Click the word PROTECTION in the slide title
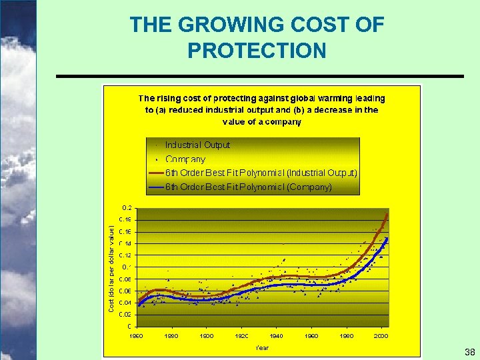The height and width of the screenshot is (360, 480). click(x=257, y=51)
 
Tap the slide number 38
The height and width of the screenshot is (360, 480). click(x=469, y=352)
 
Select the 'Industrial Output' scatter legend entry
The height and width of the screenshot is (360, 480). click(x=197, y=145)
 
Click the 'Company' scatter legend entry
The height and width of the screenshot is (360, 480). click(x=185, y=159)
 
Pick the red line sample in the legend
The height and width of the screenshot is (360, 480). click(x=157, y=173)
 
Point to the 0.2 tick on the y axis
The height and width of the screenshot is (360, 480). click(x=126, y=207)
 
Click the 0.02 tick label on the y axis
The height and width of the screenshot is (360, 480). click(x=125, y=314)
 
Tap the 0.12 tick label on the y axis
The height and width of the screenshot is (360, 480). click(x=125, y=255)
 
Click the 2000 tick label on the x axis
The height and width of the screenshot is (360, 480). click(x=381, y=336)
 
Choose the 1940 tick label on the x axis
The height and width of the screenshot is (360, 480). click(x=276, y=336)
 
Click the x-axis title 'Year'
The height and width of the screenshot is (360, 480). click(x=262, y=347)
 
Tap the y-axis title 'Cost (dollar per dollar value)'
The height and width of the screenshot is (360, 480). click(x=111, y=267)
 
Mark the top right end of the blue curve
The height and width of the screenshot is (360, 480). click(x=387, y=239)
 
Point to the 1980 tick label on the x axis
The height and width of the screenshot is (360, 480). click(x=347, y=336)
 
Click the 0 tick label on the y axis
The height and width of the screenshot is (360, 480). click(x=129, y=326)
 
